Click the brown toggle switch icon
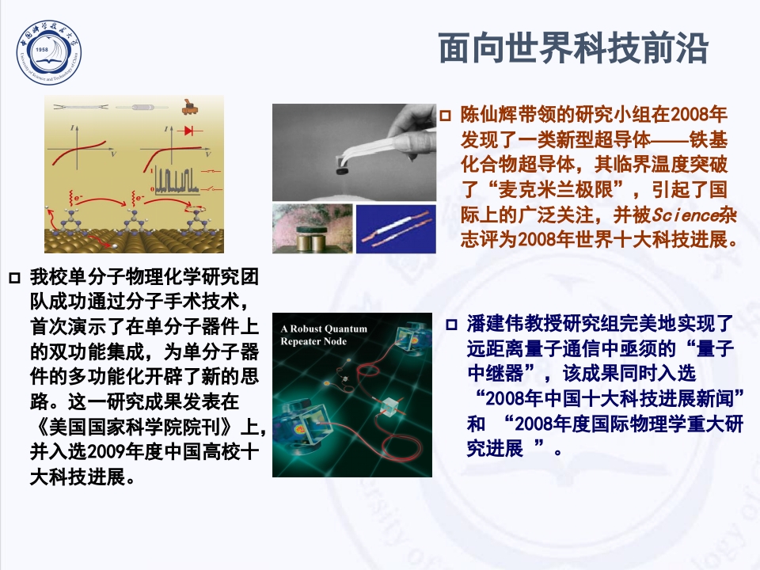190,104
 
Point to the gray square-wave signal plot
176,180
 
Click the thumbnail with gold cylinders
310,230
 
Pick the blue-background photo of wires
395,229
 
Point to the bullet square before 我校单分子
13,278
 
